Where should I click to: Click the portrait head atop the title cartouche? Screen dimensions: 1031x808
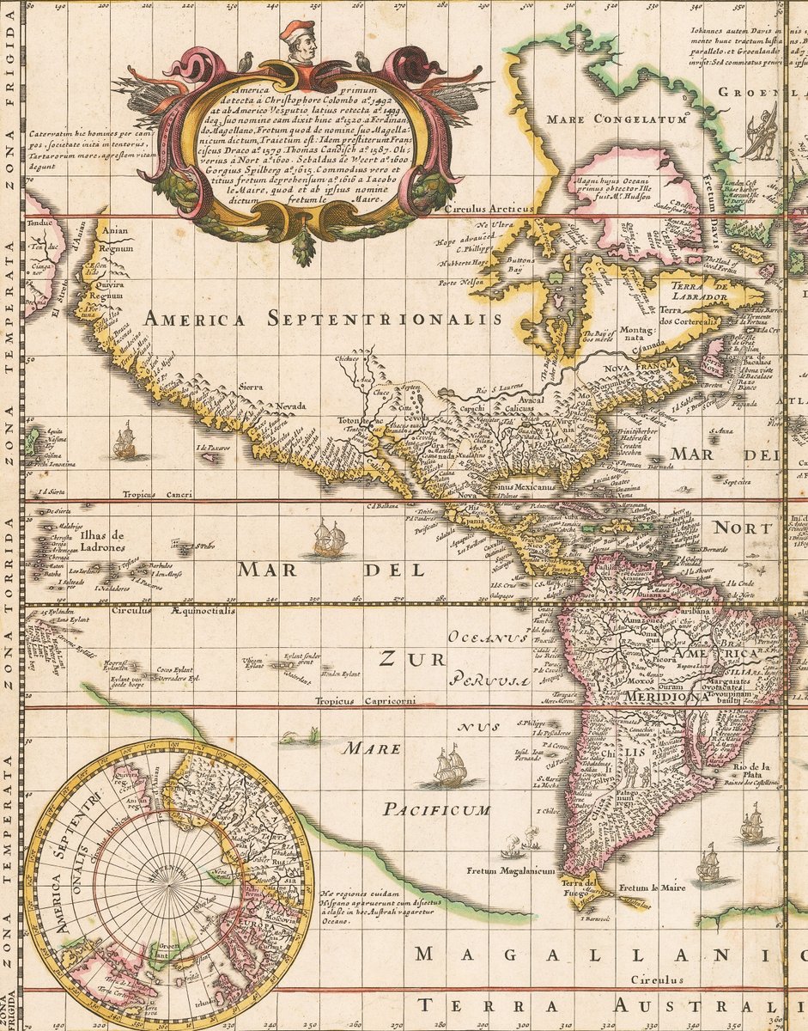297,42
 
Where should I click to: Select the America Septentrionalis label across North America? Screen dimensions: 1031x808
322,319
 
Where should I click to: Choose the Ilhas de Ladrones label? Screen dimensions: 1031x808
102,542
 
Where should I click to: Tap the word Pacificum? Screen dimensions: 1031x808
437,809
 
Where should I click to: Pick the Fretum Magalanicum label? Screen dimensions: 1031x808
511,870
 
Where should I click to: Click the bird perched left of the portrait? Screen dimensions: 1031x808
246,60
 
